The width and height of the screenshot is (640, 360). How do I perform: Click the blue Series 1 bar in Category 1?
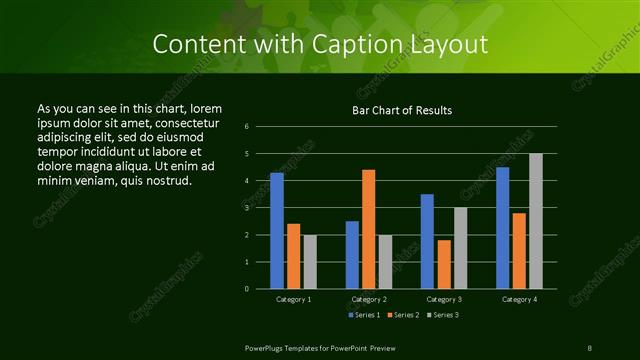click(x=277, y=231)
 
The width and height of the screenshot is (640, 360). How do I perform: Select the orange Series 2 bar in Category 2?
click(x=368, y=229)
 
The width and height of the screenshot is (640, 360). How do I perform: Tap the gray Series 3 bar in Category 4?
click(x=535, y=221)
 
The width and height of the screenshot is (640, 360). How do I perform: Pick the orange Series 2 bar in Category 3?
click(x=444, y=264)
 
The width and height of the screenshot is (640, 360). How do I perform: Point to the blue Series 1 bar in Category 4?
click(x=502, y=228)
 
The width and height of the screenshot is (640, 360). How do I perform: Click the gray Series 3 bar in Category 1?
click(x=310, y=262)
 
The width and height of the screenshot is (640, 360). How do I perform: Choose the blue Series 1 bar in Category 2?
click(x=352, y=255)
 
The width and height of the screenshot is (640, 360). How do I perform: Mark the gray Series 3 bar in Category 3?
click(x=460, y=248)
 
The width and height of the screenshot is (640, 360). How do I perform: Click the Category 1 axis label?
click(x=293, y=299)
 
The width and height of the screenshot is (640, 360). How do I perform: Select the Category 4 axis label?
click(x=519, y=299)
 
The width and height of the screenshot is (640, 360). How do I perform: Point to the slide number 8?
click(x=590, y=347)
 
